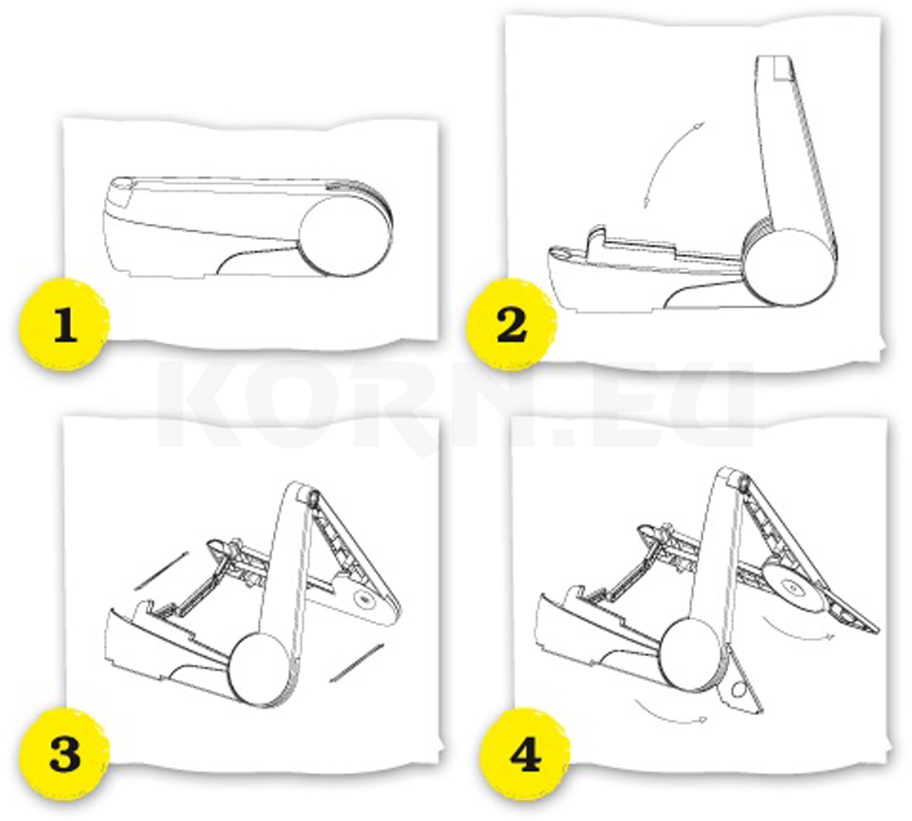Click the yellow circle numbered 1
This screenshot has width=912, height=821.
pyautogui.click(x=64, y=324)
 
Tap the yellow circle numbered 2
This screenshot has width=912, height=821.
pyautogui.click(x=511, y=324)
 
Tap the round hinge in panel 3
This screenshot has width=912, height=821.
pyautogui.click(x=259, y=670)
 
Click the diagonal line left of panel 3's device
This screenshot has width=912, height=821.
pyautogui.click(x=161, y=571)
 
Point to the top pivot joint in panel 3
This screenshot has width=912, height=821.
pyautogui.click(x=313, y=499)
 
